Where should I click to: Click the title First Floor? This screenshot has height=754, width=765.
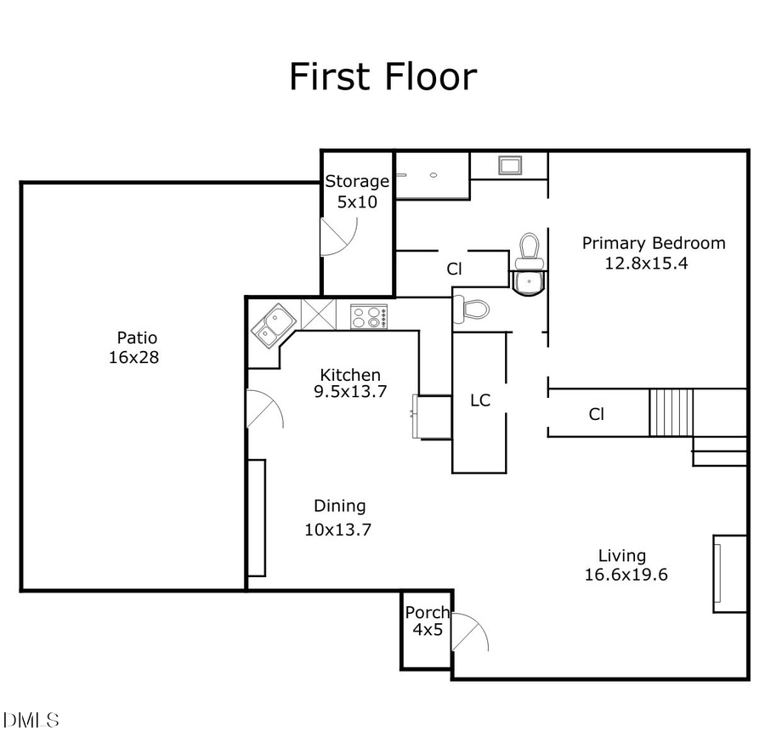click(382, 76)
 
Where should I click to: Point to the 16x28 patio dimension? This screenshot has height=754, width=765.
click(133, 358)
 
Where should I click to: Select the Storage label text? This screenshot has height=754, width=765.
click(357, 181)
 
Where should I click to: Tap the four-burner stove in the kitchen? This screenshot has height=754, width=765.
click(369, 317)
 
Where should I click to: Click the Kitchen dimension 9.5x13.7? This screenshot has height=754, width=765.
click(350, 392)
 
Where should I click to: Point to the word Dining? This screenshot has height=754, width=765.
click(340, 506)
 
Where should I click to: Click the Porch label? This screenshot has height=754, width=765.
click(427, 613)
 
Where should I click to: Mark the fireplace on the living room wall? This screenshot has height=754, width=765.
click(728, 574)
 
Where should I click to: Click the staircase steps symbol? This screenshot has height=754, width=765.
click(671, 412)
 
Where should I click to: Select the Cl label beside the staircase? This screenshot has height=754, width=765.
click(597, 414)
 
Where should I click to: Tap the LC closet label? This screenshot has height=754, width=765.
click(480, 400)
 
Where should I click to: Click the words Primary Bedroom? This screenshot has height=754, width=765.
click(653, 243)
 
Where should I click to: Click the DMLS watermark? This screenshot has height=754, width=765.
click(31, 721)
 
